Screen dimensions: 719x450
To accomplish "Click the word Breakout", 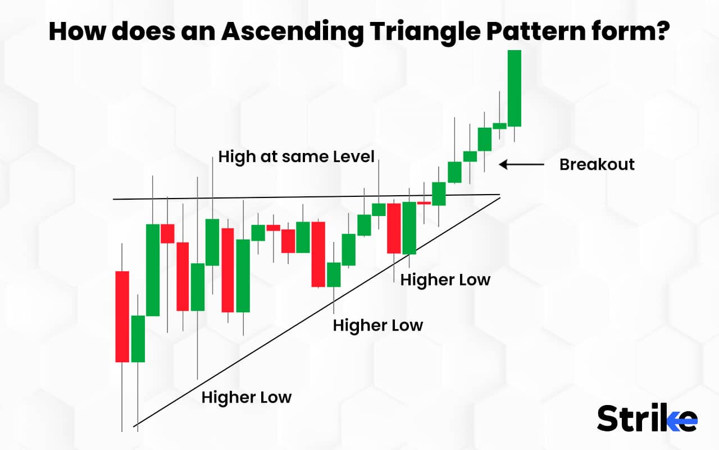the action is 597,165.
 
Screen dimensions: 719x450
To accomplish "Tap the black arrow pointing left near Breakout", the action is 522,165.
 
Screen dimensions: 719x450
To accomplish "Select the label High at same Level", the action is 296,157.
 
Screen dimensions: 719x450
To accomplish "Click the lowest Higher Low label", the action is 247,397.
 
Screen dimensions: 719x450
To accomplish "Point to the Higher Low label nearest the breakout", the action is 445,280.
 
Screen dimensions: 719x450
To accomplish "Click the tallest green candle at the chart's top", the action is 514,88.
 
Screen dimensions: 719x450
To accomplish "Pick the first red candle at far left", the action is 122,317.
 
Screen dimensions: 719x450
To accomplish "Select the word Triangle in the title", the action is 425,31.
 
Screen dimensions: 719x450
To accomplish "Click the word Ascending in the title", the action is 292,31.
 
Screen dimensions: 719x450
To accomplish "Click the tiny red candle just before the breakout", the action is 424,203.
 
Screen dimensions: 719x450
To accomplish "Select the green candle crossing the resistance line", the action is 439,194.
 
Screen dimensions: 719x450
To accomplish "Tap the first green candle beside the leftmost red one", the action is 138,339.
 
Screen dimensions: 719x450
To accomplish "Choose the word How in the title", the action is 78,31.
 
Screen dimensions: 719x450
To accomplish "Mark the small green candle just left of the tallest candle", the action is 499,126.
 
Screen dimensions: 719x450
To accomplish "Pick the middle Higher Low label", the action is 378,325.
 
